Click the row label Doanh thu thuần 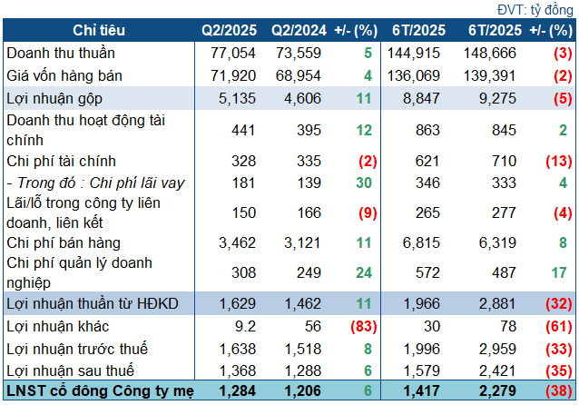click(56, 54)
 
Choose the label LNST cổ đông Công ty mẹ click(86, 391)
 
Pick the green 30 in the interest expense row click(364, 183)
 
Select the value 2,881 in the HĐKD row click(488, 305)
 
